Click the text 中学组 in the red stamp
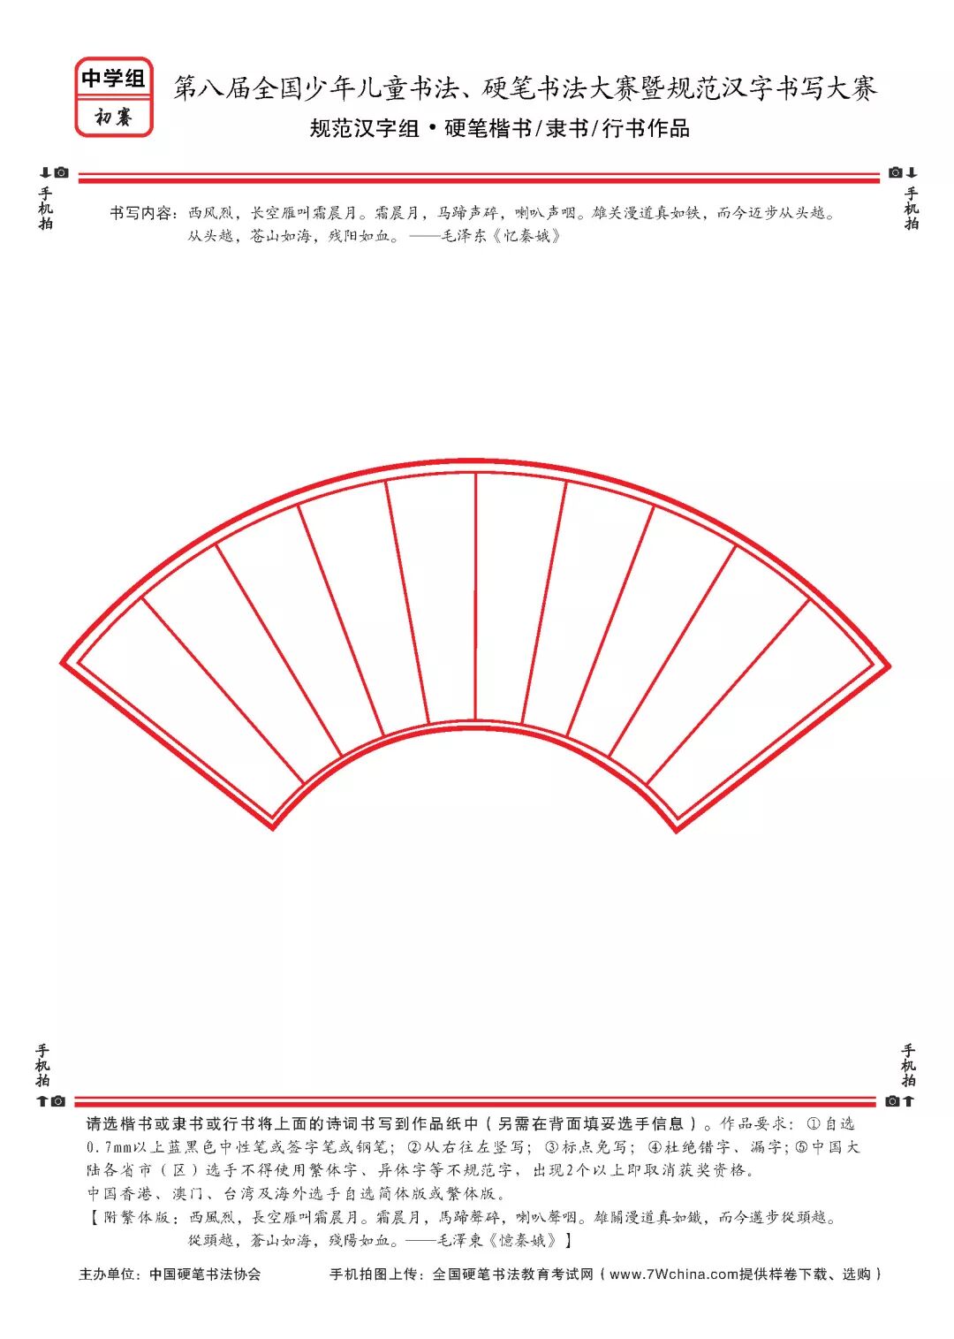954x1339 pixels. pos(113,79)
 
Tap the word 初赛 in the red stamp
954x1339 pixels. pos(113,117)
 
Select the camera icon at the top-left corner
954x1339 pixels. pos(62,172)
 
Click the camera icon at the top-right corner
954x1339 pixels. pos(895,172)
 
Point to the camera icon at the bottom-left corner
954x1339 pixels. pos(58,1101)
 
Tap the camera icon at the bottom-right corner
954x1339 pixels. pos(892,1101)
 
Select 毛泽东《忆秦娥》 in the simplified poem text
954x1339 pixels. pos(501,236)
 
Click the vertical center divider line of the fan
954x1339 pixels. pos(475,596)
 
